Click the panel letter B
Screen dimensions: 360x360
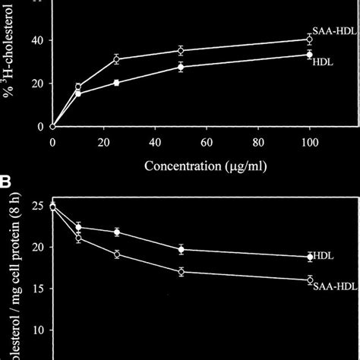pos(7,183)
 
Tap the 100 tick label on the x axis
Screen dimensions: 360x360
pos(309,141)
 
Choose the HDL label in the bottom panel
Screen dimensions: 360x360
pos(325,256)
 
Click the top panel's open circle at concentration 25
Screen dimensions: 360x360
pos(116,58)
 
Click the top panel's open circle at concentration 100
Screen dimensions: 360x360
pos(308,39)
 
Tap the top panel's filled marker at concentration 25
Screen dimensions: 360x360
pos(116,82)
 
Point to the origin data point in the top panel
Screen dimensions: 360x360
pos(52,126)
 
